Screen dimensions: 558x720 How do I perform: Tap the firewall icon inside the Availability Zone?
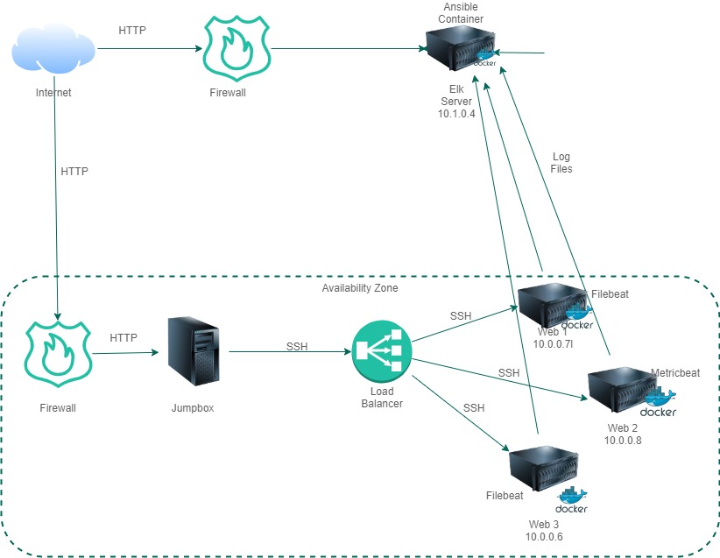coord(57,354)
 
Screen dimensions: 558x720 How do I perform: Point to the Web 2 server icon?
coord(623,391)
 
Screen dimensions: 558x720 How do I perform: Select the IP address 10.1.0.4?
coord(455,114)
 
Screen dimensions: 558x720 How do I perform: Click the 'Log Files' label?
coord(561,162)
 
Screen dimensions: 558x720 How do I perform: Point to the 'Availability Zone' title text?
coord(360,288)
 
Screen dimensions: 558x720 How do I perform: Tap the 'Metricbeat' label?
coord(675,372)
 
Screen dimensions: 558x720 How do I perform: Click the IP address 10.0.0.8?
coord(623,441)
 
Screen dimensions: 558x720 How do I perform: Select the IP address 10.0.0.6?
coord(544,536)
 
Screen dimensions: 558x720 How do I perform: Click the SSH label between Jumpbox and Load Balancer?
coord(297,346)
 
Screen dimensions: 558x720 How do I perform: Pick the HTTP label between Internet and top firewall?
coord(132,31)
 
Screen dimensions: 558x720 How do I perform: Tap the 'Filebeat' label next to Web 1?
coord(611,295)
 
